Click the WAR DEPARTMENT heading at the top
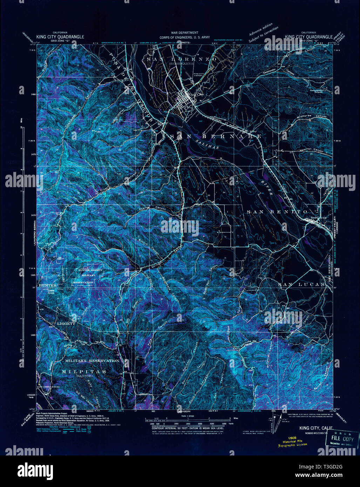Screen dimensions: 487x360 point(180,33)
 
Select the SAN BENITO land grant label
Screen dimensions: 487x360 point(277,212)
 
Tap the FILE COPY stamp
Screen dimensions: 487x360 point(342,438)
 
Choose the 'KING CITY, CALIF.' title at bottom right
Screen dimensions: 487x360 point(316,428)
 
